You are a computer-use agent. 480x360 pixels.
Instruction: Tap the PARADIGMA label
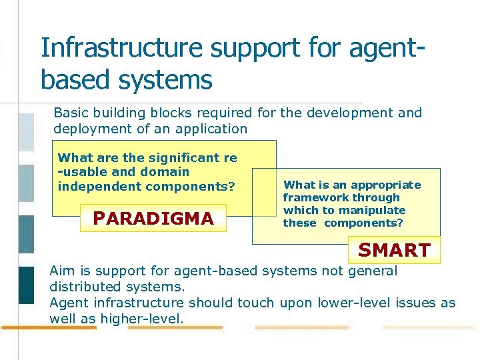point(153,219)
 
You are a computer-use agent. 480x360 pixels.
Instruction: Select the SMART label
point(394,251)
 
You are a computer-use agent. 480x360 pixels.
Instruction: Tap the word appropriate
point(386,185)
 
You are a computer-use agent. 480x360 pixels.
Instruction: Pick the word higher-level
point(141,319)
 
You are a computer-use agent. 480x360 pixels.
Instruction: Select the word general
point(371,271)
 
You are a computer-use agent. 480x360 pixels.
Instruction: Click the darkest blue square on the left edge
point(26,284)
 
